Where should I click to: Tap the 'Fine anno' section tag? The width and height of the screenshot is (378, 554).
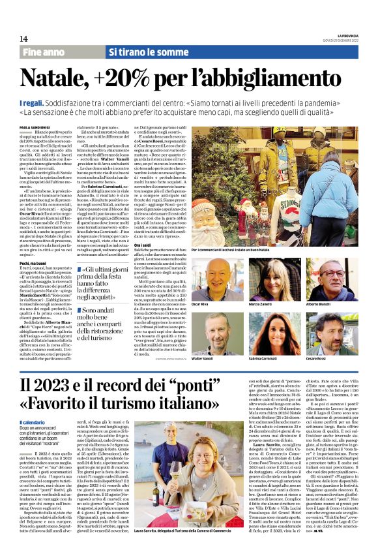pyautogui.click(x=44, y=52)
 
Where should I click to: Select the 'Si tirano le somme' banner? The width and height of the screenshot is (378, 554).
pyautogui.click(x=140, y=52)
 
